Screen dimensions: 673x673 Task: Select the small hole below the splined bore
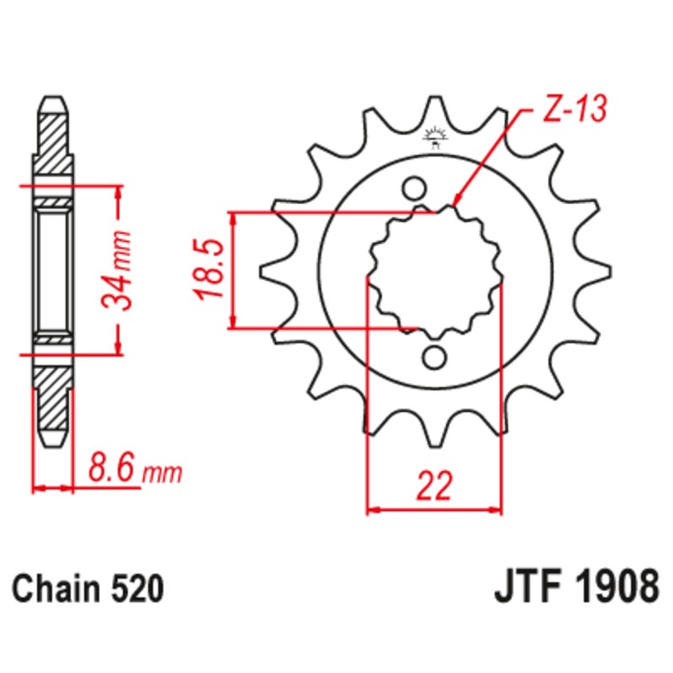(434, 358)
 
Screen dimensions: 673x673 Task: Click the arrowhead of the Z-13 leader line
(457, 202)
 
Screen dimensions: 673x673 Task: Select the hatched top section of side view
(52, 143)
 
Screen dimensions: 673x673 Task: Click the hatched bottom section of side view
(52, 400)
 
